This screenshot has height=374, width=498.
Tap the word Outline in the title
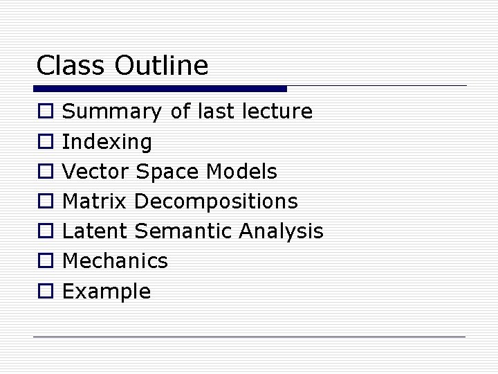click(161, 66)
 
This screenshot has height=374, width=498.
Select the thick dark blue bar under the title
click(160, 89)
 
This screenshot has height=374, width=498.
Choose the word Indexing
click(107, 143)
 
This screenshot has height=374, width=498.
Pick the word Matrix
click(95, 202)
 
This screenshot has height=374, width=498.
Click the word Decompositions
click(216, 202)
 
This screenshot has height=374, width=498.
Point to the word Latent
click(95, 231)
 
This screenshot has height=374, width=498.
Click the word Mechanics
click(115, 261)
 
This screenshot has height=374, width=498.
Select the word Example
click(107, 292)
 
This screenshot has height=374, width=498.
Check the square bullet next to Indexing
click(44, 142)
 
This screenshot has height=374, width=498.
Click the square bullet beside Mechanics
click(44, 261)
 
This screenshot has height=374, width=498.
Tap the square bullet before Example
click(44, 292)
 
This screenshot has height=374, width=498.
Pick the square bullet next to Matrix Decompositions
click(44, 202)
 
